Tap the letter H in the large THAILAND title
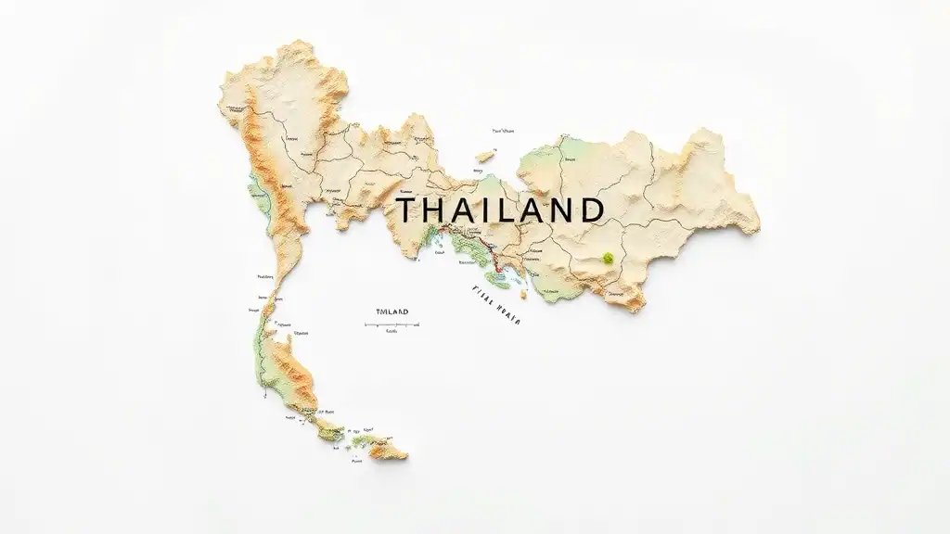[435, 209]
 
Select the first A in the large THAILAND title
[463, 209]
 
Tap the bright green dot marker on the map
[608, 258]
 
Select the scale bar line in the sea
[392, 324]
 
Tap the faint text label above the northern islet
[503, 132]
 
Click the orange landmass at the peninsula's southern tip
[391, 451]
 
